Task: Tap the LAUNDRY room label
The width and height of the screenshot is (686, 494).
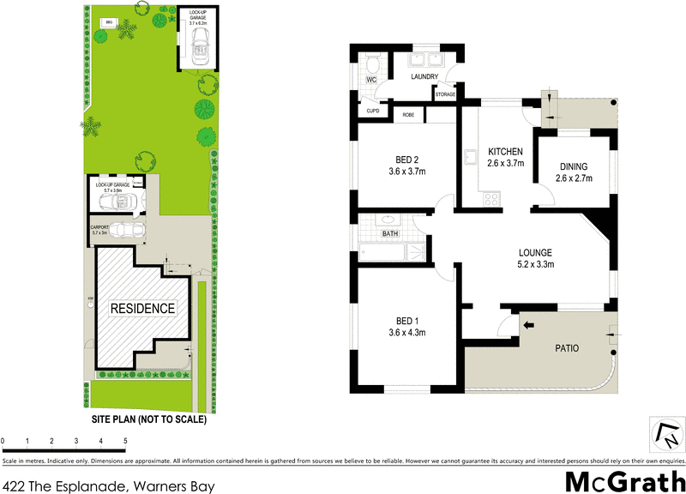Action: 424,77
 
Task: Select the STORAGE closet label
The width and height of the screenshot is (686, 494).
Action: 444,94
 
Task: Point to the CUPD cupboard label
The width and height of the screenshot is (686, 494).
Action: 373,111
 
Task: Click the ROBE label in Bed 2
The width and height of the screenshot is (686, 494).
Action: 408,113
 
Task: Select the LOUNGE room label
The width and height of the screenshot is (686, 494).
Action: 535,252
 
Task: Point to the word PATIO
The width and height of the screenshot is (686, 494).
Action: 567,349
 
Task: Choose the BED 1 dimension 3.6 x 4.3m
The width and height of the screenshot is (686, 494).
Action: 407,333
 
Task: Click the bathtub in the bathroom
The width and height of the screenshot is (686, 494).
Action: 390,252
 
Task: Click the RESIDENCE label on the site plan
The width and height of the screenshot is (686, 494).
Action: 141,308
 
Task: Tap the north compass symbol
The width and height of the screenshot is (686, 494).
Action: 665,435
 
